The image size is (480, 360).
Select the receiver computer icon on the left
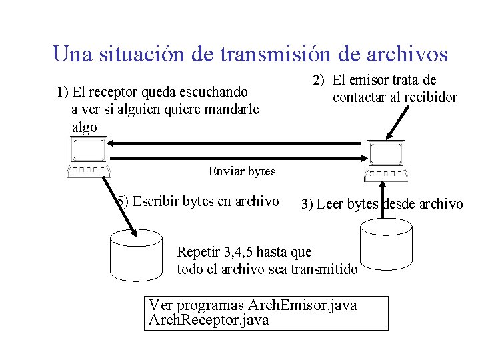click(87, 157)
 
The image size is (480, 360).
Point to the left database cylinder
click(136, 255)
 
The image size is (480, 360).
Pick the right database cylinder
click(387, 246)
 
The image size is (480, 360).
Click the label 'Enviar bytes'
click(241, 171)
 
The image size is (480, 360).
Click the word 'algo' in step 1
click(84, 127)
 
